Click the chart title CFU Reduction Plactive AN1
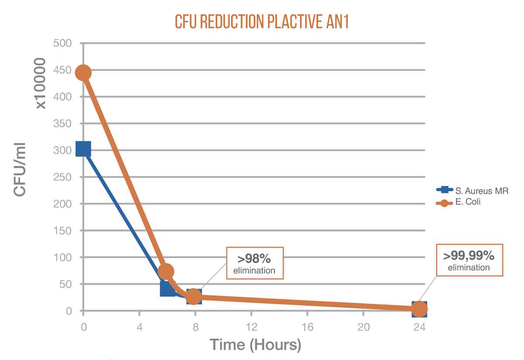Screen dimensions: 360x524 (x=262, y=21)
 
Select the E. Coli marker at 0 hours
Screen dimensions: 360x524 (x=83, y=73)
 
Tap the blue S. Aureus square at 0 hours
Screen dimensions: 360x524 (x=83, y=149)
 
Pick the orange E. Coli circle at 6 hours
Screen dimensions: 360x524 (x=165, y=271)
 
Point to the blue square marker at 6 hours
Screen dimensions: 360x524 (x=167, y=288)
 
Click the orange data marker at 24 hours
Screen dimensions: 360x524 (x=419, y=309)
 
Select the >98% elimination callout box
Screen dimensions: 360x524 (x=255, y=263)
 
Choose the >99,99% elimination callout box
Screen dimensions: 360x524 (x=469, y=261)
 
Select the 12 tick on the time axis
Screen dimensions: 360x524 (x=251, y=326)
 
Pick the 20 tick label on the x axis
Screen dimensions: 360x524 (x=363, y=326)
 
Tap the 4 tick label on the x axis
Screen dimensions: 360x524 (x=139, y=326)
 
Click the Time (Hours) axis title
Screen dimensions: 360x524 (x=255, y=345)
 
